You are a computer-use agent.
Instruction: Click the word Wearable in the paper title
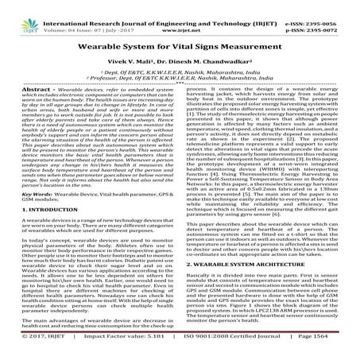[114, 39]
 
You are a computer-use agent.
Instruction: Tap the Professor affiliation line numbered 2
[180, 77]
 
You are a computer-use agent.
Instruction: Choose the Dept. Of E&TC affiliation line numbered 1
[180, 70]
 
